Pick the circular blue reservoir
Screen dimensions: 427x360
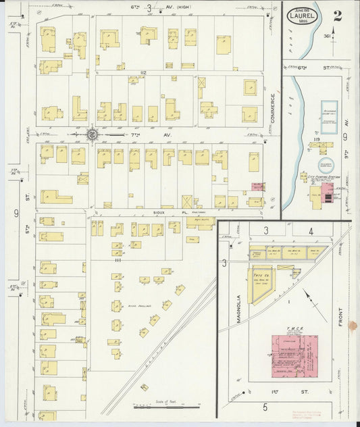click(326, 165)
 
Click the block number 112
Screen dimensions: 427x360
click(143, 72)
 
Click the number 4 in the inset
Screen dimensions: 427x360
click(311, 232)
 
